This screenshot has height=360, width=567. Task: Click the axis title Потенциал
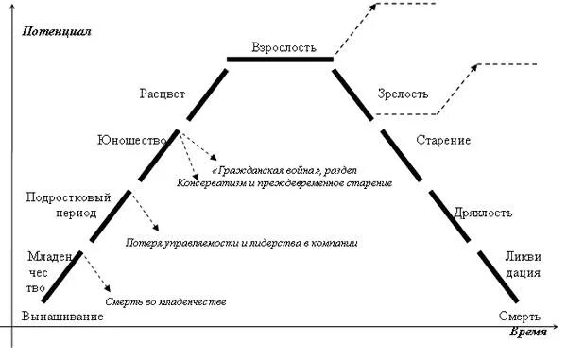55,31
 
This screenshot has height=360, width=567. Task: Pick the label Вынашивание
61,317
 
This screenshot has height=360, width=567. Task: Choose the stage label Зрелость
404,94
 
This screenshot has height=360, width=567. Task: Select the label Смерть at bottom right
519,317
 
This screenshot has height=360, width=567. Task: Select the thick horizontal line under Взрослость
280,60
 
